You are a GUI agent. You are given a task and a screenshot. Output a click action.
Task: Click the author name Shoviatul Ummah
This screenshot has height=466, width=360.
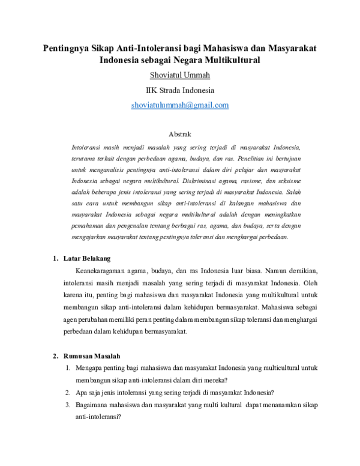(x=179, y=76)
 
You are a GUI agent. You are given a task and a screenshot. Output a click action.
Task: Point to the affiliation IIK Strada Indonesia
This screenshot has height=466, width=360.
(x=179, y=91)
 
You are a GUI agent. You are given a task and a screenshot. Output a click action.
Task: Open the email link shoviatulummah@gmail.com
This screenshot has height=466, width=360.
(x=180, y=105)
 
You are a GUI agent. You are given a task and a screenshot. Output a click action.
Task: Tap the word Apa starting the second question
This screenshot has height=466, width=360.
(x=82, y=393)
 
